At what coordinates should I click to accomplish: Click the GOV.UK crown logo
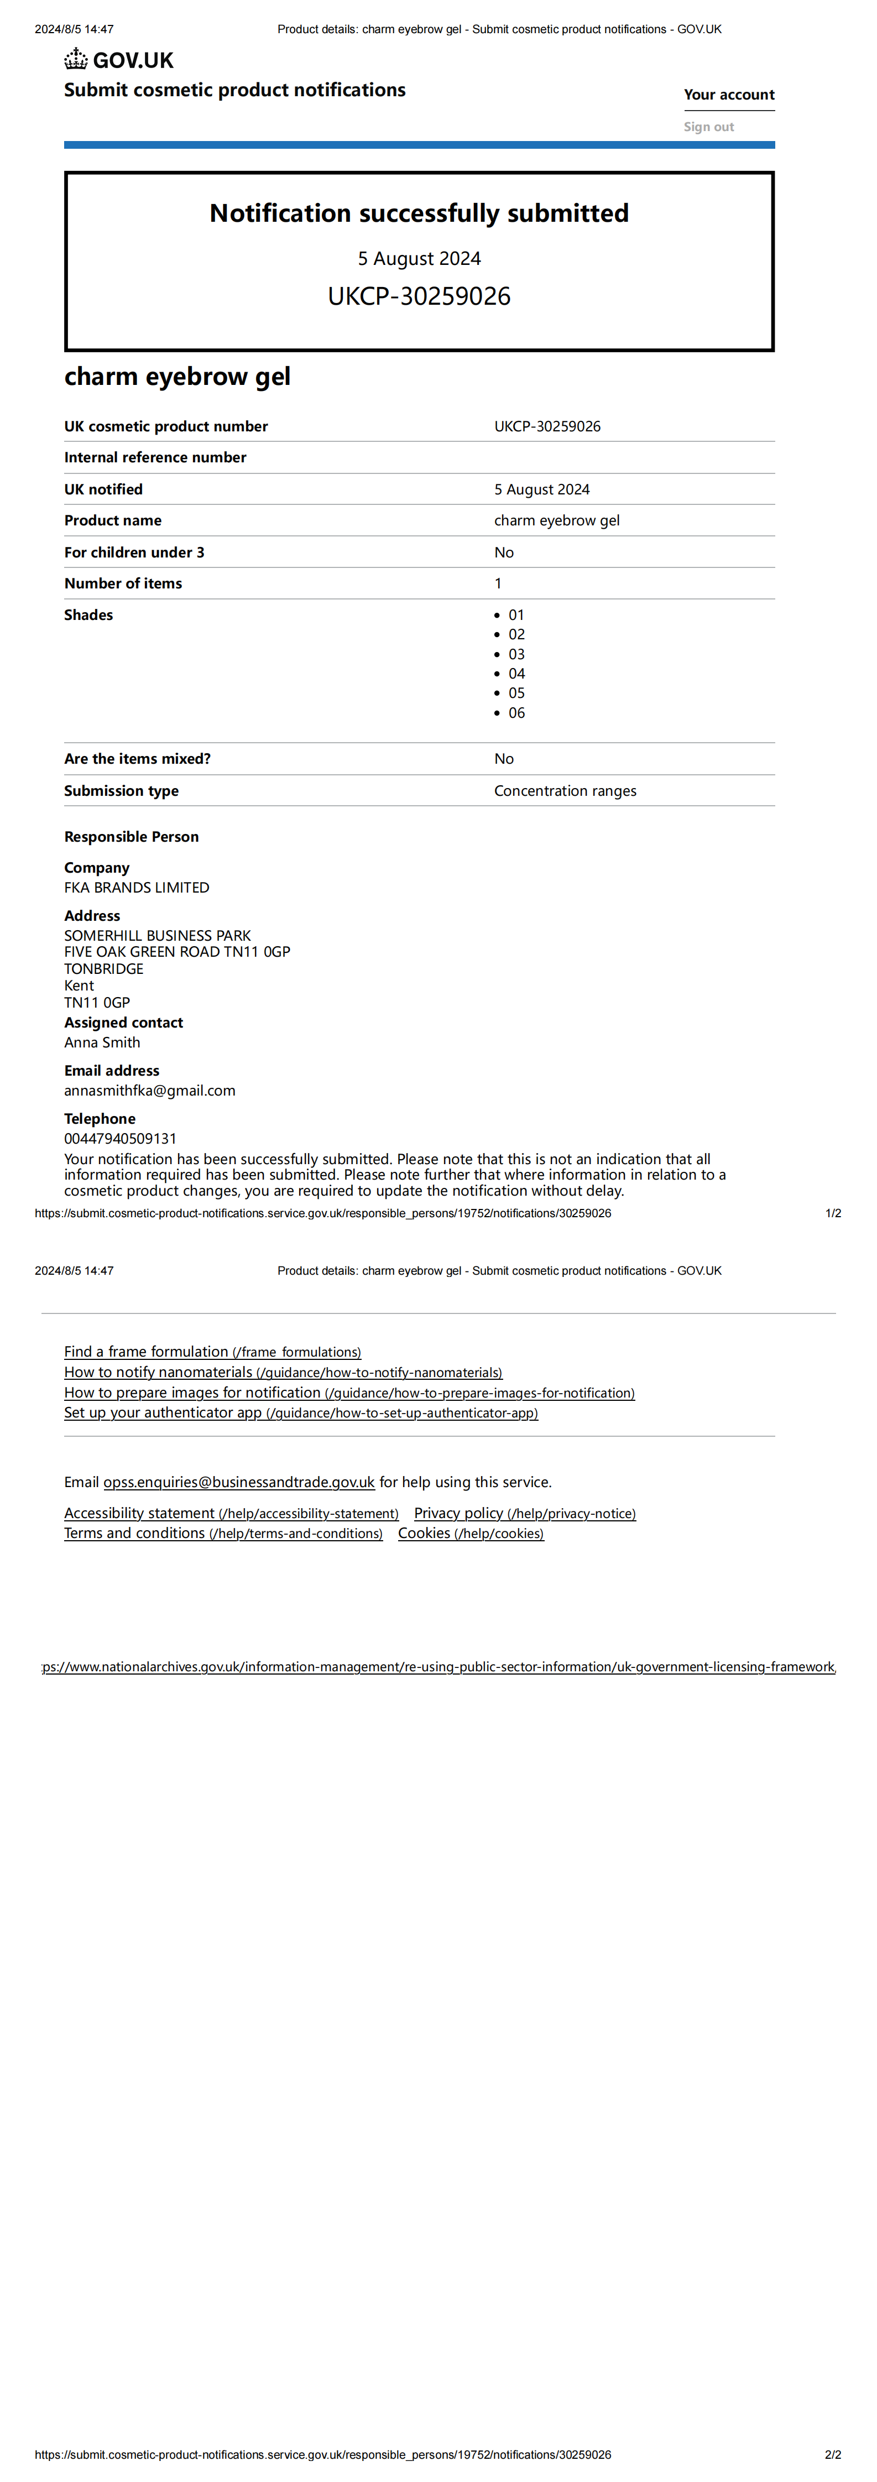click(76, 60)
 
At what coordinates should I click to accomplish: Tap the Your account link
click(729, 95)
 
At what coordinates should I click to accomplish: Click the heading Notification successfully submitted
click(419, 213)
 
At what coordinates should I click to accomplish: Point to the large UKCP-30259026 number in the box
click(419, 296)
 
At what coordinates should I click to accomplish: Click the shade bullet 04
click(516, 674)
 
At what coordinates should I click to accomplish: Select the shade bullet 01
click(516, 615)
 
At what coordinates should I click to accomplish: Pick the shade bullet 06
click(516, 713)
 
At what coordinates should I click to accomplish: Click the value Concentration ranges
click(565, 791)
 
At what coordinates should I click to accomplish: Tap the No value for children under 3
click(504, 552)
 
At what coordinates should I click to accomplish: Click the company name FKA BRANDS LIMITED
click(137, 888)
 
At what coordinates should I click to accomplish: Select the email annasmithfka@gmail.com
click(149, 1091)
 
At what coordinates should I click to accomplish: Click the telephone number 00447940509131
click(121, 1139)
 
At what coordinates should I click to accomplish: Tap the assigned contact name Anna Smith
click(102, 1042)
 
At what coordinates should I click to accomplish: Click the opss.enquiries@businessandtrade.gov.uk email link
click(239, 1482)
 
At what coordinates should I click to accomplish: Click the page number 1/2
click(833, 1213)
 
